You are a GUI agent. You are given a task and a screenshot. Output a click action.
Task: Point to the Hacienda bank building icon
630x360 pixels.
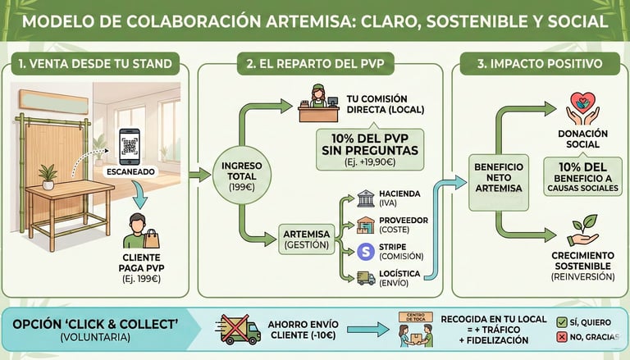[x=366, y=198]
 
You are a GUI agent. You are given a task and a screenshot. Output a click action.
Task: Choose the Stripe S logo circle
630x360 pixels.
[x=366, y=251]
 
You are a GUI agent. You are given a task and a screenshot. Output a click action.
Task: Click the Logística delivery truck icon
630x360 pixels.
[x=366, y=278]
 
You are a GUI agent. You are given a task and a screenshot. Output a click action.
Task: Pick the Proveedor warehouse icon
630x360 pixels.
[x=366, y=225]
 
